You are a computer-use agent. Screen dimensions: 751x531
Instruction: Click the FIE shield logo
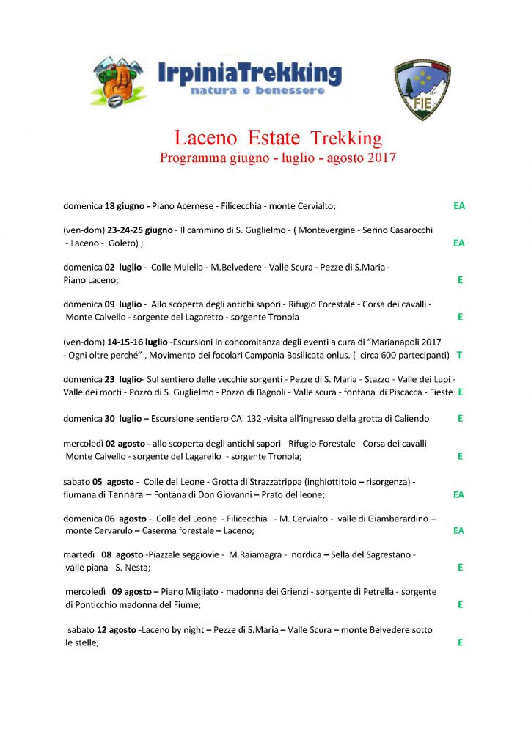click(422, 89)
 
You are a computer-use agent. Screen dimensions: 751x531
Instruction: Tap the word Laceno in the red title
click(208, 138)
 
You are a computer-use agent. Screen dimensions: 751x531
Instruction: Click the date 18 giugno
click(127, 206)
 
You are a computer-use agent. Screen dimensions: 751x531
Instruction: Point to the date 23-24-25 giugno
click(137, 230)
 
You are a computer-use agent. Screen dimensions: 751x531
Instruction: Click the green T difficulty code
click(459, 355)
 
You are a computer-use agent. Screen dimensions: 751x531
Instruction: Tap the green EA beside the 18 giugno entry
click(459, 206)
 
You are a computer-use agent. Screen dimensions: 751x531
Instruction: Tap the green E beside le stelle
click(459, 642)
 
